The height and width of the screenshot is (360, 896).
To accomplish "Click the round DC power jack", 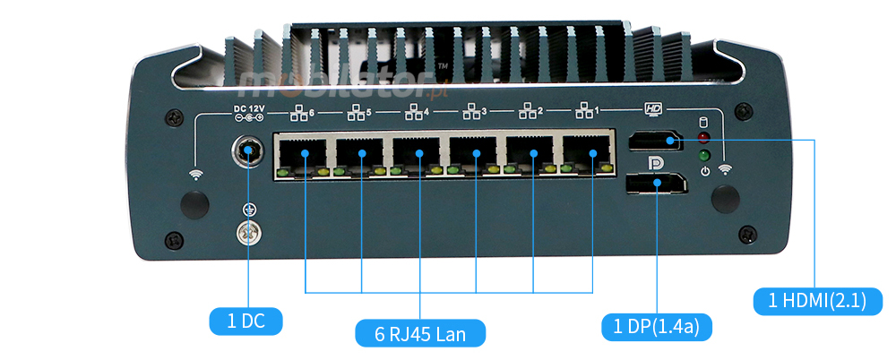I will [x=248, y=153].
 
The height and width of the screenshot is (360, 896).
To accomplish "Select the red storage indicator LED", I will [x=703, y=138].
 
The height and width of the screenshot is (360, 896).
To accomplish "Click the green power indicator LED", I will [x=703, y=155].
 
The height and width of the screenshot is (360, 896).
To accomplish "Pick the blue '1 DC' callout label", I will [x=246, y=321].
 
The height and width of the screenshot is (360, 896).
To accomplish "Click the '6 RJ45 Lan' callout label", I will [x=420, y=333].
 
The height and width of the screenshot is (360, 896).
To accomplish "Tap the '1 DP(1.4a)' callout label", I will [x=656, y=326].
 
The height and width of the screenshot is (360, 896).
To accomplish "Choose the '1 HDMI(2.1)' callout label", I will [x=817, y=300].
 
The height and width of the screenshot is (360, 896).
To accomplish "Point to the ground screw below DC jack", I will [x=248, y=232].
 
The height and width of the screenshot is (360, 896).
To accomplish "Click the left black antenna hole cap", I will [x=194, y=203].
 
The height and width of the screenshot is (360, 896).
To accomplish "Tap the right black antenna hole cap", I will [x=728, y=199].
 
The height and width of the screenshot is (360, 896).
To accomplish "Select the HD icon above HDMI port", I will [x=653, y=109].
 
